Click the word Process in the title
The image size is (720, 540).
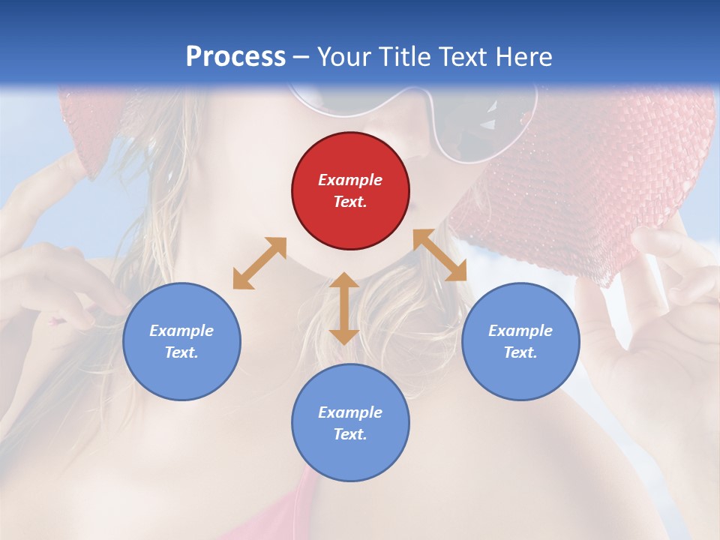[x=235, y=57]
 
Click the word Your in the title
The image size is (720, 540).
[x=346, y=57]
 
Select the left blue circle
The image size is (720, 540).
[x=181, y=341]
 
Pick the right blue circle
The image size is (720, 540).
[x=520, y=341]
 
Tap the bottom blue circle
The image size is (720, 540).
[x=350, y=422]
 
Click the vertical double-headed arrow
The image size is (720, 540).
[x=344, y=308]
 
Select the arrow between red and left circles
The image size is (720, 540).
[x=259, y=263]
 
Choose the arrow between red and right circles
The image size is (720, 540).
[x=439, y=255]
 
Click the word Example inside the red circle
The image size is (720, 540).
[x=350, y=180]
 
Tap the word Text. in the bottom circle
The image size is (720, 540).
[x=350, y=434]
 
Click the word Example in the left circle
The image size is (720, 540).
[x=181, y=331]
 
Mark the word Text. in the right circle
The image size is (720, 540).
[x=520, y=352]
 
